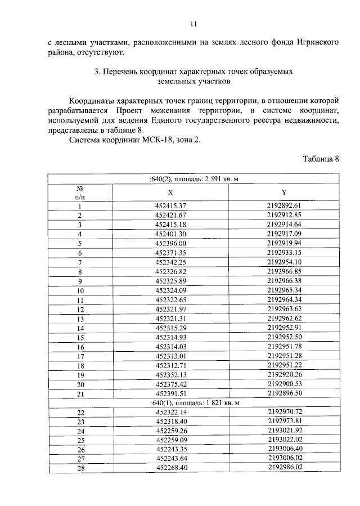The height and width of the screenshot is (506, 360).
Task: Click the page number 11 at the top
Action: [193, 24]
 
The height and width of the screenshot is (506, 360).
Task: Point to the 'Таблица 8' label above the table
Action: [321, 159]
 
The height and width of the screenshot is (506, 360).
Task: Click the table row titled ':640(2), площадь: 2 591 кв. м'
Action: [194, 179]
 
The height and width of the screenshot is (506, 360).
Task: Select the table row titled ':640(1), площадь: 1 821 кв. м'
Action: [194, 404]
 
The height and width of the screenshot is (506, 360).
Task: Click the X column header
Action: [170, 192]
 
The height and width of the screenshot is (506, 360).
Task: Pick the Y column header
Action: [284, 192]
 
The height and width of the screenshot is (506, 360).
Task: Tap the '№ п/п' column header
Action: [80, 192]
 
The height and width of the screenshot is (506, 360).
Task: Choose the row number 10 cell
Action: [80, 290]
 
